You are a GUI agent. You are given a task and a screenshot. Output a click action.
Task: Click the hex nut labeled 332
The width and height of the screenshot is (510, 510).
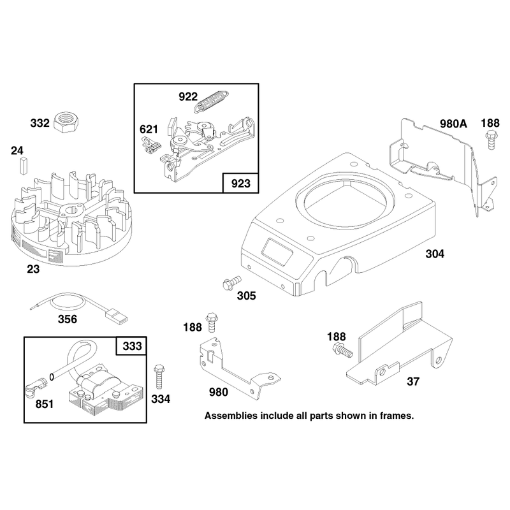click(x=66, y=122)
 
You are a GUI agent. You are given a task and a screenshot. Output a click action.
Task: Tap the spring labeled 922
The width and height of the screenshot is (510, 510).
click(x=211, y=102)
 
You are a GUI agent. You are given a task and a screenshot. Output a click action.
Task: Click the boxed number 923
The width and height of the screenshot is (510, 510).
click(x=241, y=184)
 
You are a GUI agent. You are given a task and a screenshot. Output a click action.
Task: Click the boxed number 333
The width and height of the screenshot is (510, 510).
click(x=132, y=346)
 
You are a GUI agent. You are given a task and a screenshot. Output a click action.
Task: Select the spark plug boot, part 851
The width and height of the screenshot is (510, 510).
click(x=35, y=386)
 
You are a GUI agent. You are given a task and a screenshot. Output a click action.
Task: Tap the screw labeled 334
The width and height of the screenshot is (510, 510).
click(x=159, y=376)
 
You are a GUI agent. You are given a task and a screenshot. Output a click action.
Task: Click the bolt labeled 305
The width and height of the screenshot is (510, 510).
click(x=231, y=282)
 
